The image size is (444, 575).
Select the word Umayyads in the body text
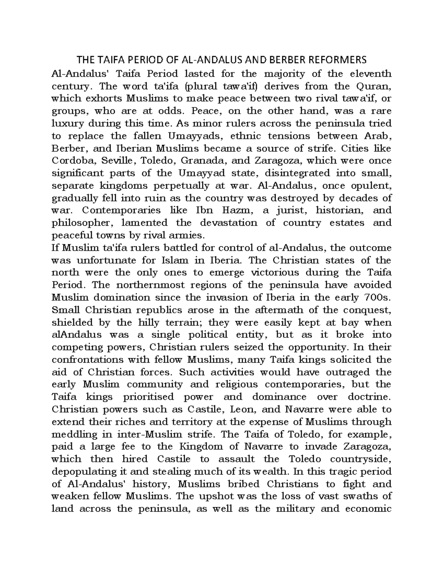[196, 136]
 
